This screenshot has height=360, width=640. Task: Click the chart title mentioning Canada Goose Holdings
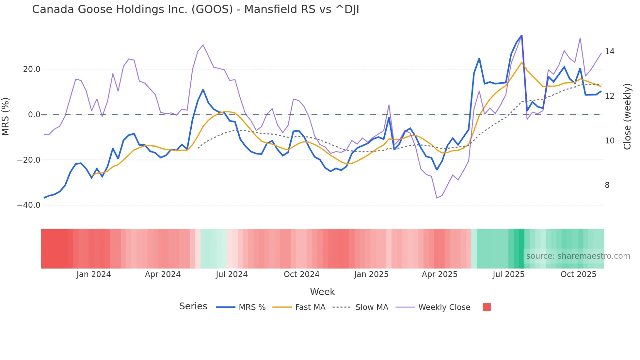tap(195, 9)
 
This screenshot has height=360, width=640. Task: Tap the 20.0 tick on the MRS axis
tap(32, 69)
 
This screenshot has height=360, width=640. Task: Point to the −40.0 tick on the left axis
tap(29, 205)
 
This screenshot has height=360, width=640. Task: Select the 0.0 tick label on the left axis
tap(34, 115)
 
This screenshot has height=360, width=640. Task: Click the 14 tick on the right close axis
tap(609, 52)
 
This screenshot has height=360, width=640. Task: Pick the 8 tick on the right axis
tap(607, 185)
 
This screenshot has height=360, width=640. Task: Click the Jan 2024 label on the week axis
tap(94, 274)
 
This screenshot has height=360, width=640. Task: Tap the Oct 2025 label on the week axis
tap(578, 274)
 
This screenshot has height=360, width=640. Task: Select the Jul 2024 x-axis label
tap(232, 274)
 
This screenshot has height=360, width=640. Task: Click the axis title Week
tap(322, 292)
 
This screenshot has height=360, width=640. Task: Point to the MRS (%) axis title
tap(6, 116)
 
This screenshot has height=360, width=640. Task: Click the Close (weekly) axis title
tap(627, 117)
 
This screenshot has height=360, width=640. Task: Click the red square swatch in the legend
tap(487, 307)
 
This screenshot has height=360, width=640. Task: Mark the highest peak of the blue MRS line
tap(521, 35)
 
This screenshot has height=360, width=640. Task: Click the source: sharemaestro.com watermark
tap(578, 256)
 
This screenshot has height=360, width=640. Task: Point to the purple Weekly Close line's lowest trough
tap(437, 198)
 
